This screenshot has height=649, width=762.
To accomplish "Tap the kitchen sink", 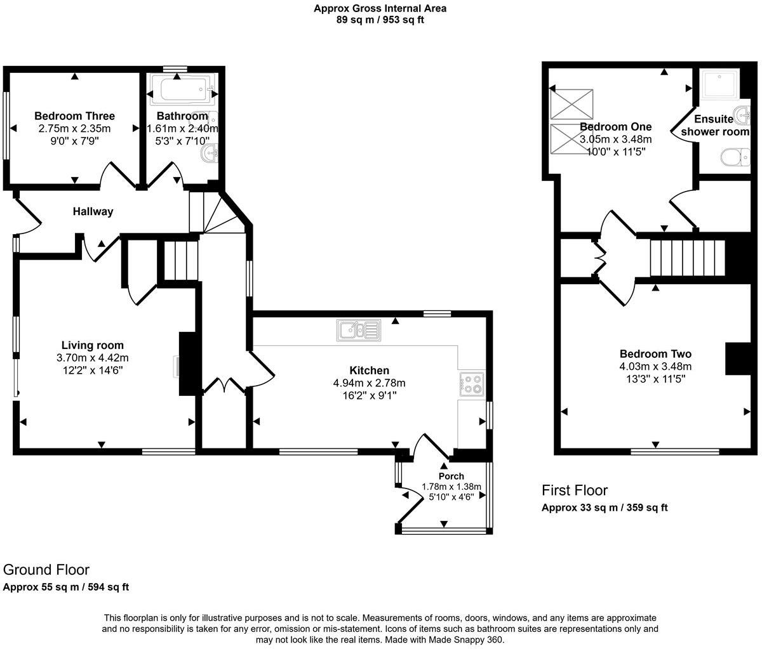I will pyautogui.click(x=358, y=331).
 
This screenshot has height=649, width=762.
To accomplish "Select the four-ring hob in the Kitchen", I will pyautogui.click(x=471, y=384).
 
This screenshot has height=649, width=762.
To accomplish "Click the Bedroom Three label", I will pyautogui.click(x=74, y=116).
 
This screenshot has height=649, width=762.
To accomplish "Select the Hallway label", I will pyautogui.click(x=93, y=211).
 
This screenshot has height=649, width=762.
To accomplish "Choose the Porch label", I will pyautogui.click(x=451, y=476).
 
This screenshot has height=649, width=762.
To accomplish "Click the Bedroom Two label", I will pyautogui.click(x=655, y=354).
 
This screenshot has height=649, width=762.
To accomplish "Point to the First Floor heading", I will pyautogui.click(x=574, y=490).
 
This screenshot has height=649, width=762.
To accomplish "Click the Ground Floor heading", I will pyautogui.click(x=46, y=570).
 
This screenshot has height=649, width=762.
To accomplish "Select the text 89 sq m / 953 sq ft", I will pyautogui.click(x=380, y=20).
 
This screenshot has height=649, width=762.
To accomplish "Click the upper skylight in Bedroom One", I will pyautogui.click(x=572, y=104).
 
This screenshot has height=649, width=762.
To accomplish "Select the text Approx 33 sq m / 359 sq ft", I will pyautogui.click(x=604, y=508).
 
